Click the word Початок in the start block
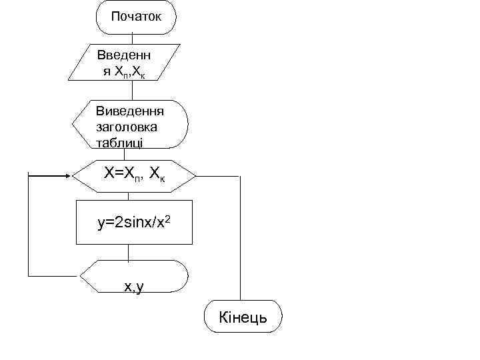[x=136, y=16]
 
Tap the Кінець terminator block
[x=243, y=318]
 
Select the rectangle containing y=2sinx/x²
[x=134, y=221]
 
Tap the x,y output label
[x=134, y=286]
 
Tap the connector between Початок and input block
[x=127, y=39]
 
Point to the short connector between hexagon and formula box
[x=128, y=196]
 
